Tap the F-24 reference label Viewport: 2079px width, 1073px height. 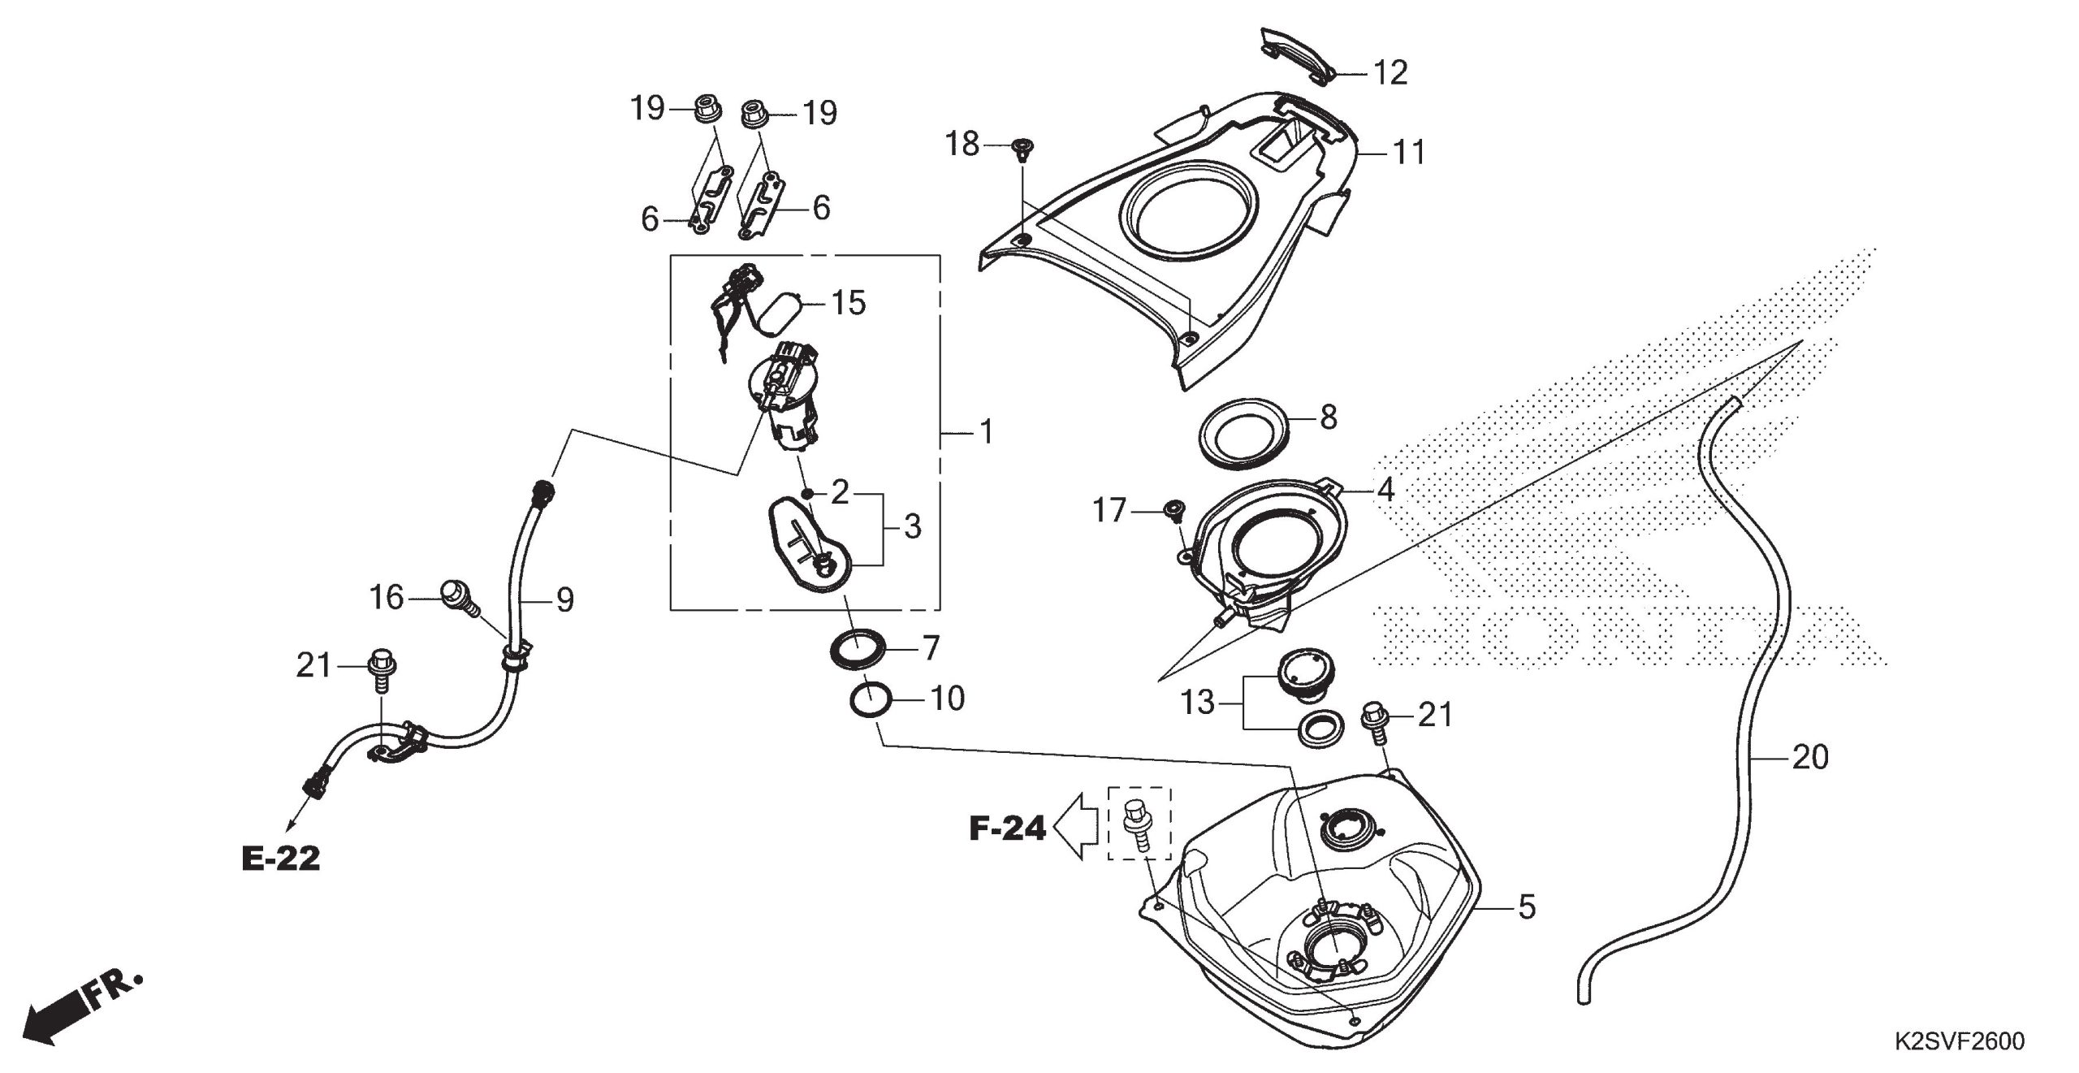click(x=1007, y=829)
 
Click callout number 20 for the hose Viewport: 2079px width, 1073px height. click(x=1809, y=758)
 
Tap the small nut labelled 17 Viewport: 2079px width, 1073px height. click(x=1171, y=510)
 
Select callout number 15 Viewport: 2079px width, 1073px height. click(x=848, y=304)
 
